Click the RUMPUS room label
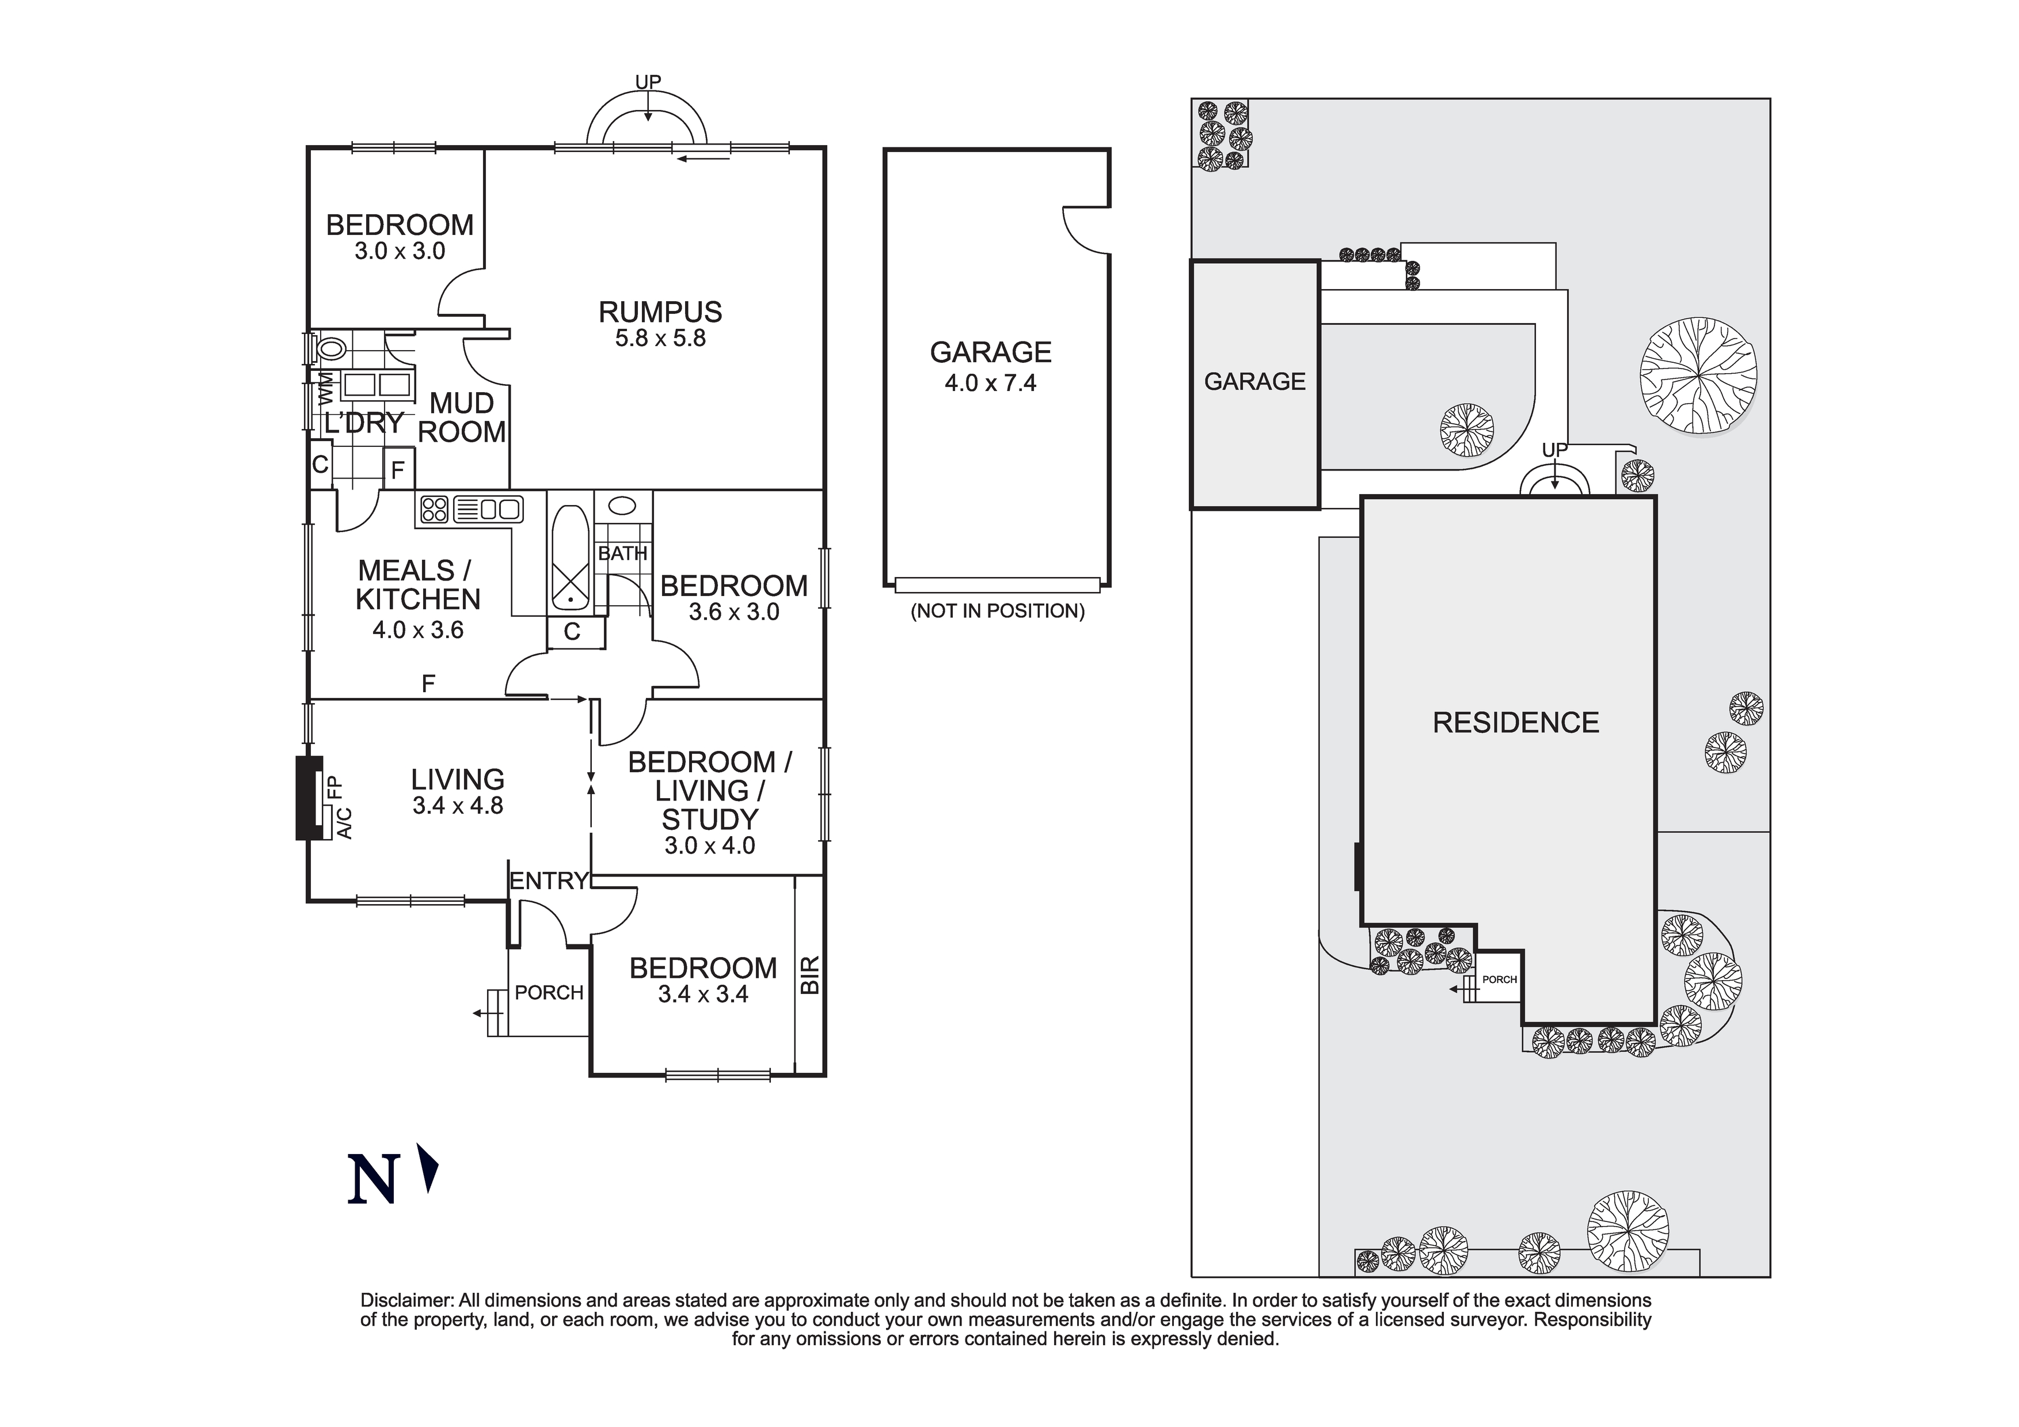point(660,312)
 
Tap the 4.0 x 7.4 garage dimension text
point(990,384)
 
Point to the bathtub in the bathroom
point(571,558)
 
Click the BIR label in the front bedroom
point(810,975)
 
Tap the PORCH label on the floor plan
point(549,992)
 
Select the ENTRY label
point(548,881)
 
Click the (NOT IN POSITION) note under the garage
point(997,610)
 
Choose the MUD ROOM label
point(462,417)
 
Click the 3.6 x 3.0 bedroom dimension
point(733,612)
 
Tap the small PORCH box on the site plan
point(1499,979)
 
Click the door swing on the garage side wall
point(1083,229)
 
